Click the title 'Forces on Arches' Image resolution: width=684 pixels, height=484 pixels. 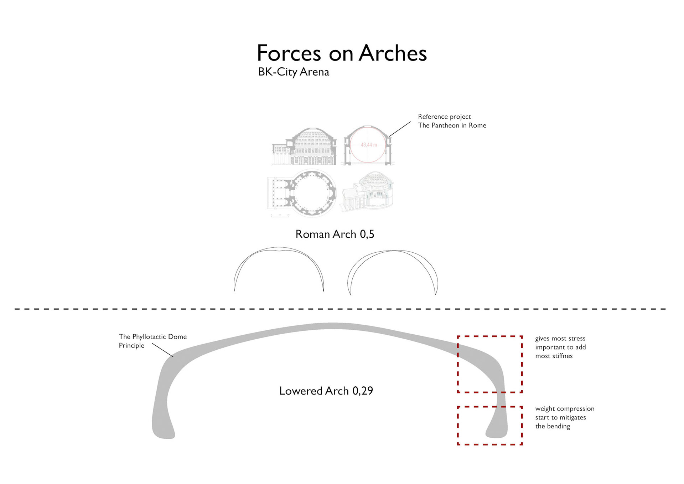tap(341, 53)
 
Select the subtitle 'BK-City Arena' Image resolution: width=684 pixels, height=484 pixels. tap(293, 72)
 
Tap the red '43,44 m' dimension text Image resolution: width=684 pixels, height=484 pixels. tap(369, 145)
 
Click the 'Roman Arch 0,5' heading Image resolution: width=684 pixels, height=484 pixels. tap(335, 234)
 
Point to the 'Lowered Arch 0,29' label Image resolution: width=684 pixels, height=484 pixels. tap(326, 391)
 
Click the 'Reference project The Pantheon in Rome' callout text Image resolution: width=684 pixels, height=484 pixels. tap(452, 121)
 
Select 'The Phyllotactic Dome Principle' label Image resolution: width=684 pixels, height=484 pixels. tap(152, 341)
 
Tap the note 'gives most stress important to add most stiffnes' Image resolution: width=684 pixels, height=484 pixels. tap(560, 347)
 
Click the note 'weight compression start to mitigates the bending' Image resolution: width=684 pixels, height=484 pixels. tap(564, 417)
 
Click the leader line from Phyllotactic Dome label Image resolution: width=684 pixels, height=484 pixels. tap(162, 350)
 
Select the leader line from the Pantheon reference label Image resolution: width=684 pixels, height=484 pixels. tap(400, 129)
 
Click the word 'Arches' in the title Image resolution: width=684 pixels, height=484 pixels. tap(393, 53)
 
